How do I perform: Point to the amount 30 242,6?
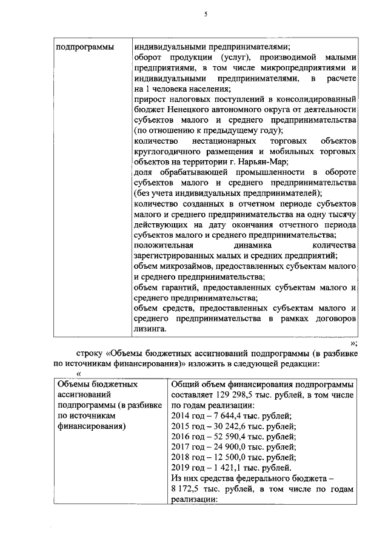(230, 426)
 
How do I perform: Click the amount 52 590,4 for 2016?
(230, 436)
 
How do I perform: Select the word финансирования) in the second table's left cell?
(92, 426)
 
